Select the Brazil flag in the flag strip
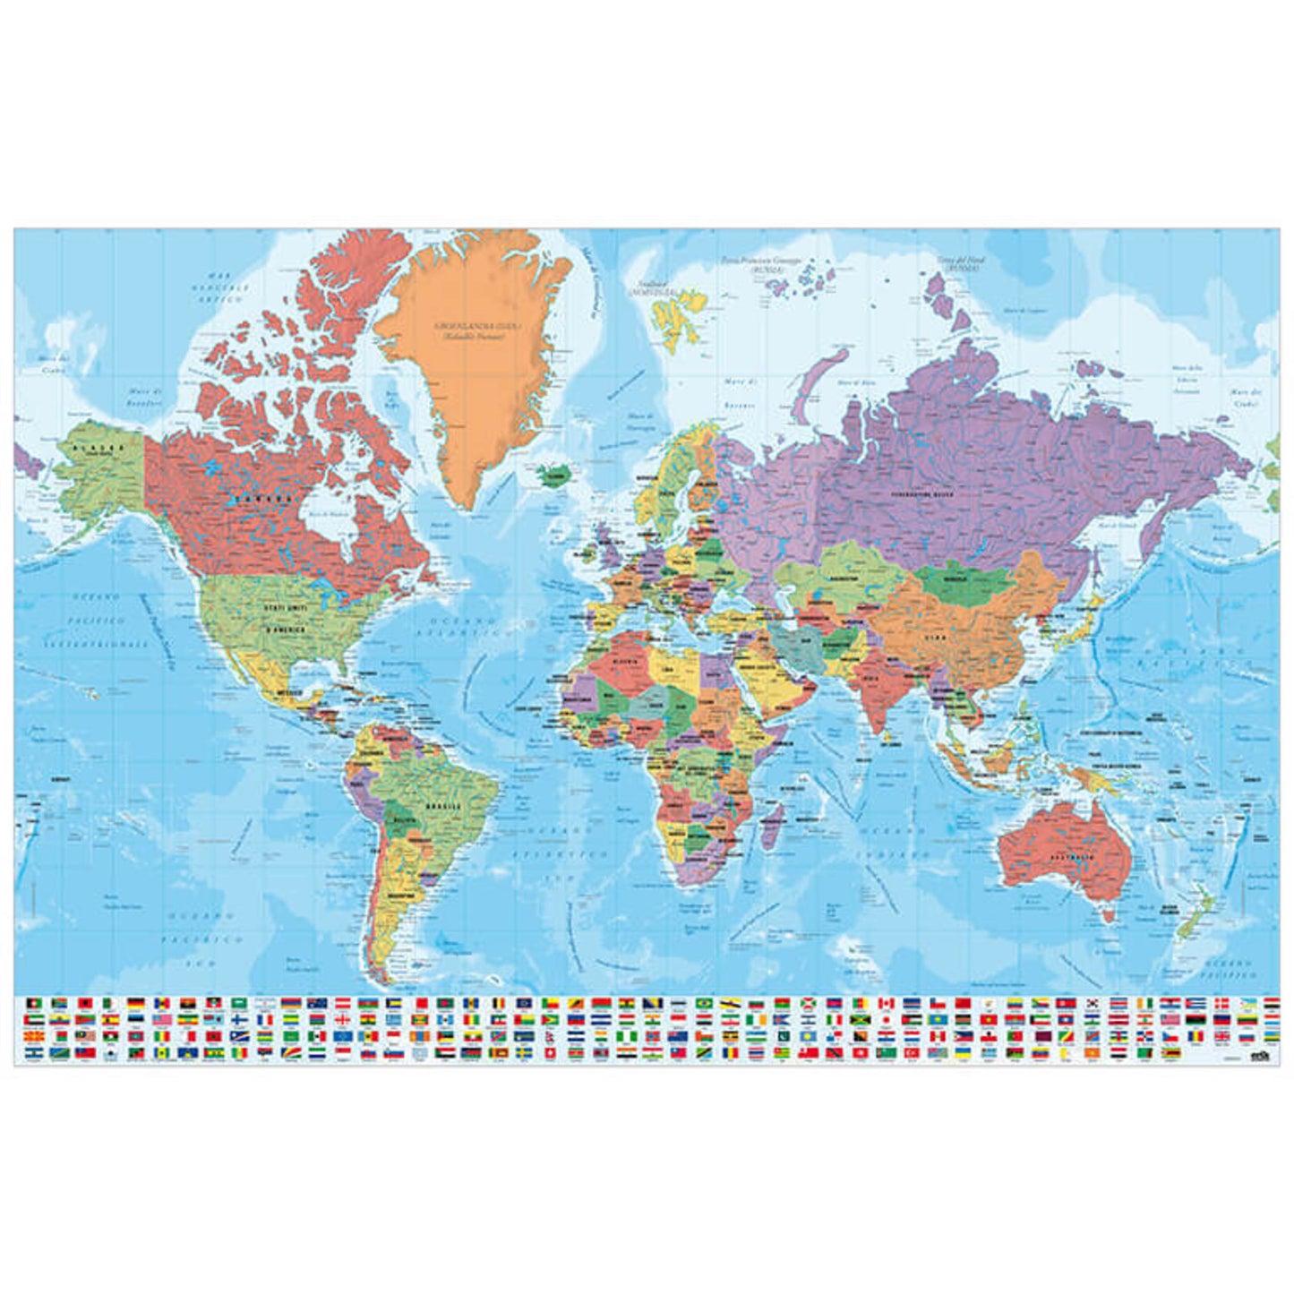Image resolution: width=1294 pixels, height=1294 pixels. click(705, 1003)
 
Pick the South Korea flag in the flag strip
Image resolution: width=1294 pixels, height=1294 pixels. click(1093, 1003)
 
